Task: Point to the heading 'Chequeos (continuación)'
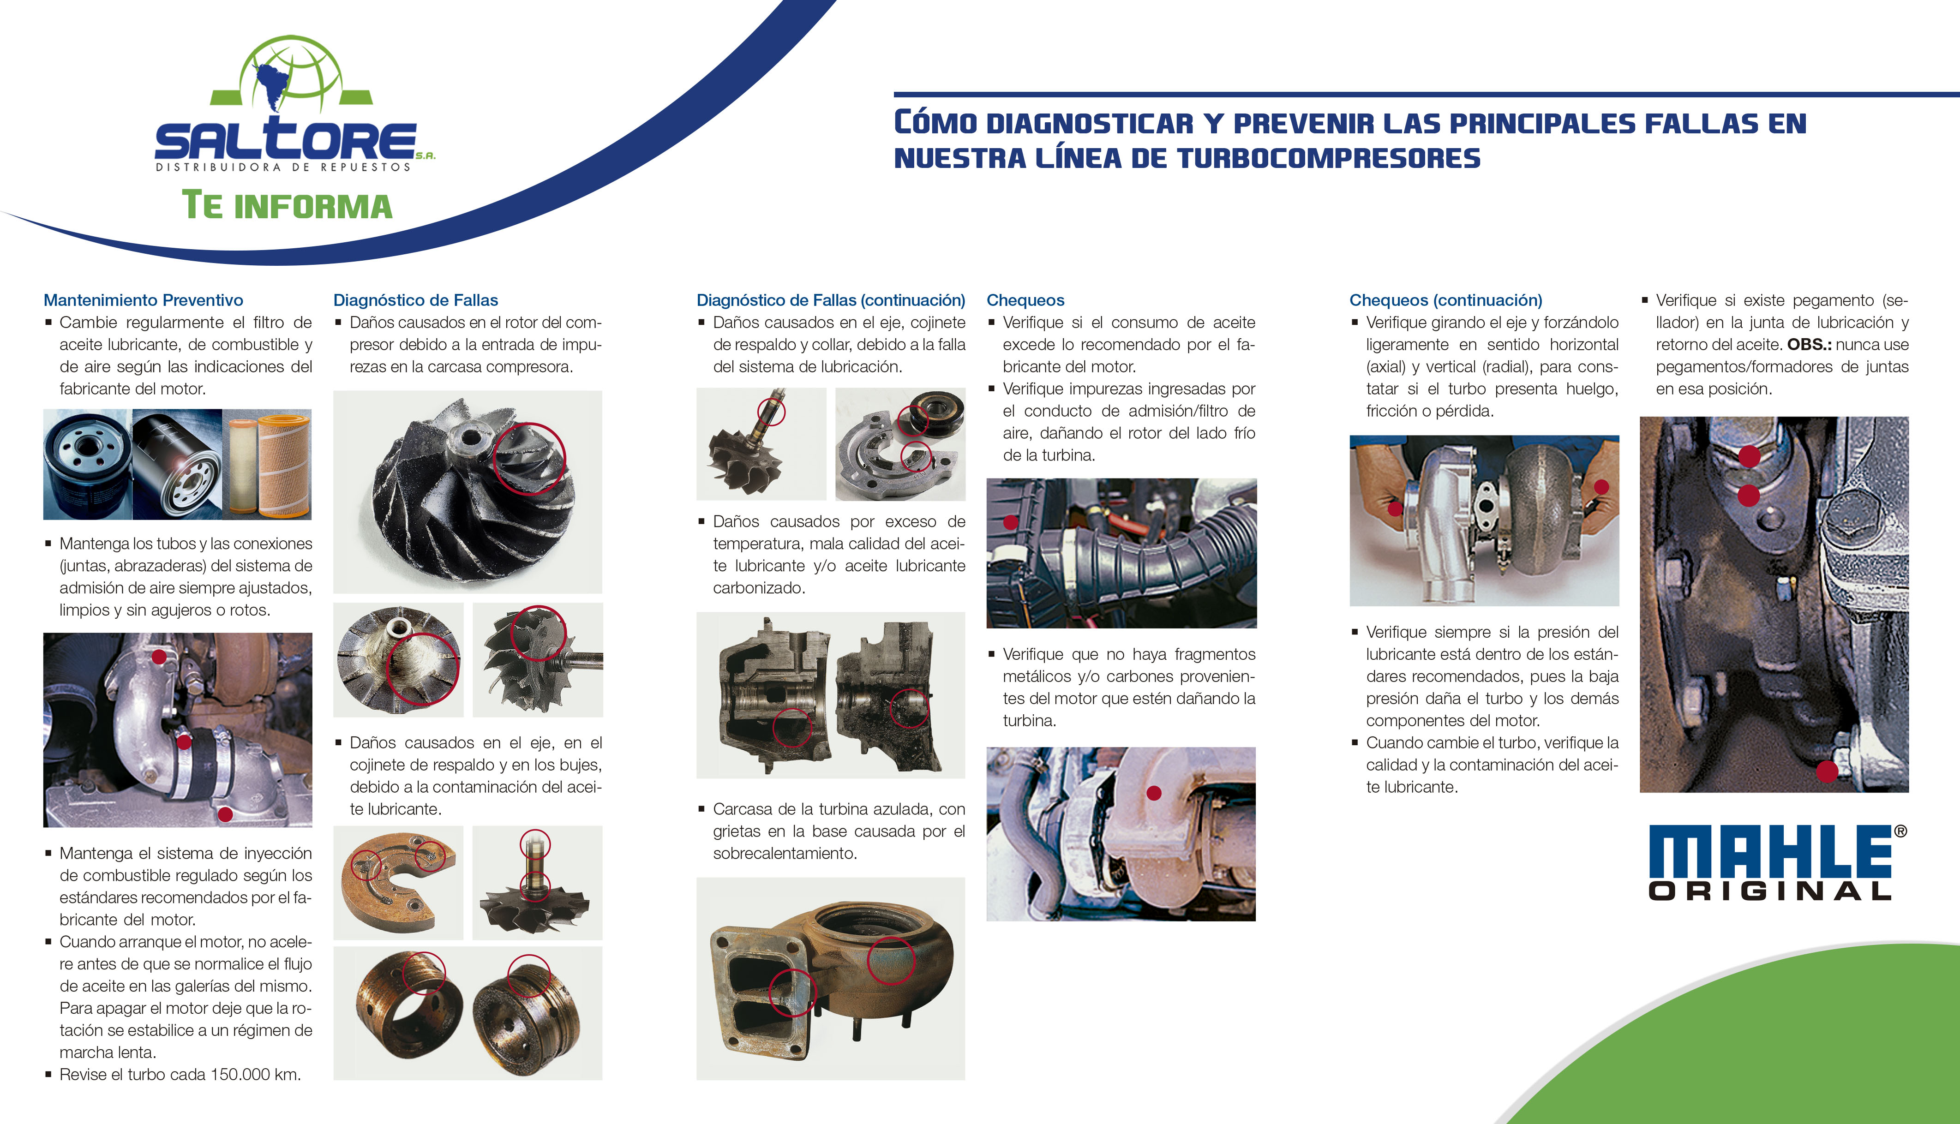click(1445, 300)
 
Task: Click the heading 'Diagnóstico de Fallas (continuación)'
click(831, 300)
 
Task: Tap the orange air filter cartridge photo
click(268, 464)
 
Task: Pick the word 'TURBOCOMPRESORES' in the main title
click(1329, 158)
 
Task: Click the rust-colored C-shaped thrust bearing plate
click(397, 882)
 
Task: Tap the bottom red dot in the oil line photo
click(1827, 771)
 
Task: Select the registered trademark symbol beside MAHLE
click(1900, 831)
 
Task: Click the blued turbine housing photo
click(831, 978)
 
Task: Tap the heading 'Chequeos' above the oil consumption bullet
click(1025, 300)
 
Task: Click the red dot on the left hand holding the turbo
click(1395, 509)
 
